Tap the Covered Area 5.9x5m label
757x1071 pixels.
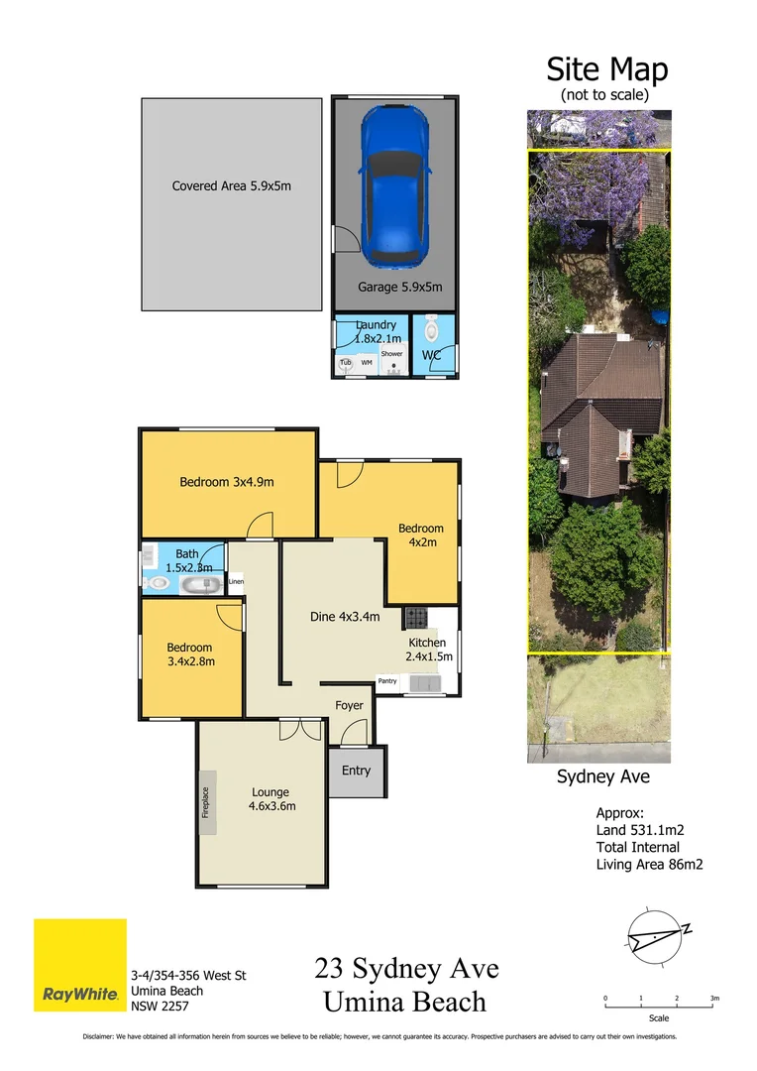click(x=232, y=185)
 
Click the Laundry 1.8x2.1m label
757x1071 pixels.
click(x=376, y=332)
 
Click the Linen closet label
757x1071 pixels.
click(x=236, y=581)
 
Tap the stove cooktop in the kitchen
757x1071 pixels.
click(x=415, y=619)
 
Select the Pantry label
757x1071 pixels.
click(x=387, y=681)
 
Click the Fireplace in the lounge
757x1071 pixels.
click(x=207, y=802)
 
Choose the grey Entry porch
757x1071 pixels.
click(x=356, y=771)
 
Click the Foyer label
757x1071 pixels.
click(x=349, y=706)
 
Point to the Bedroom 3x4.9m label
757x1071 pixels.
click(x=226, y=483)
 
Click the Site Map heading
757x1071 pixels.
click(x=607, y=70)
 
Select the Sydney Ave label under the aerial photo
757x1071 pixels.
click(x=601, y=777)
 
